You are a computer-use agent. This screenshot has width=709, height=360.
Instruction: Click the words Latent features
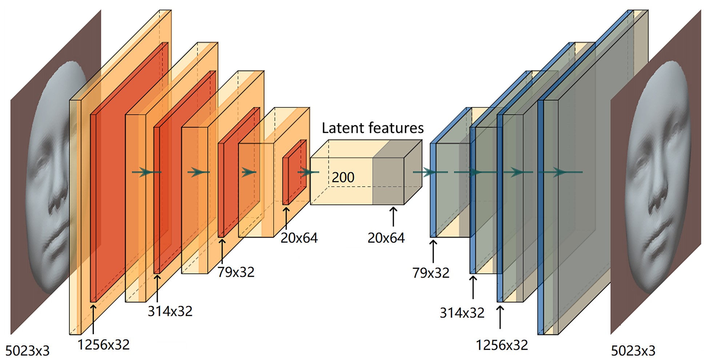tap(372, 128)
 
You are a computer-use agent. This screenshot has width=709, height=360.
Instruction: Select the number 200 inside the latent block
tap(343, 177)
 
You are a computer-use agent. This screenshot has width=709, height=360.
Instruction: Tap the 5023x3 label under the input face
tap(27, 351)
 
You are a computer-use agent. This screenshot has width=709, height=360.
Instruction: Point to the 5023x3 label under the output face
tap(633, 351)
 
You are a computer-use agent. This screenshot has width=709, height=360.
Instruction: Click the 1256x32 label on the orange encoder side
tap(104, 344)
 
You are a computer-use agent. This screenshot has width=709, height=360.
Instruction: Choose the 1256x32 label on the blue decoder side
tap(502, 345)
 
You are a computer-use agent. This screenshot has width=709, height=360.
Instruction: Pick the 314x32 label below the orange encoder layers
tap(170, 311)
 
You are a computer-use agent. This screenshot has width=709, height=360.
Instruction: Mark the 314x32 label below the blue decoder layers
tap(462, 313)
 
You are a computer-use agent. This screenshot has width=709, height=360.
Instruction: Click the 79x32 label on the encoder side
tap(236, 272)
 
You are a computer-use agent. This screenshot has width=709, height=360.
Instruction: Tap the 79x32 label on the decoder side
tap(430, 273)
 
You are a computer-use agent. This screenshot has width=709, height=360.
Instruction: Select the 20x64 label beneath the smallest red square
tap(299, 238)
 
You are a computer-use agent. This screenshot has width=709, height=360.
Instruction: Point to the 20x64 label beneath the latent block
tap(386, 238)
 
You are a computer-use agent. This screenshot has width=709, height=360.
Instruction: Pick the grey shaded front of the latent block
tap(388, 181)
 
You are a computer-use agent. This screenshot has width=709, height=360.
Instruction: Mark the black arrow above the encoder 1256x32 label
tap(93, 318)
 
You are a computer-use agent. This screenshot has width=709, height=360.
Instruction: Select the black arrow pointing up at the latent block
tap(393, 216)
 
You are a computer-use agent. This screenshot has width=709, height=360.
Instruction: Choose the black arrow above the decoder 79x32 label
tap(433, 251)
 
